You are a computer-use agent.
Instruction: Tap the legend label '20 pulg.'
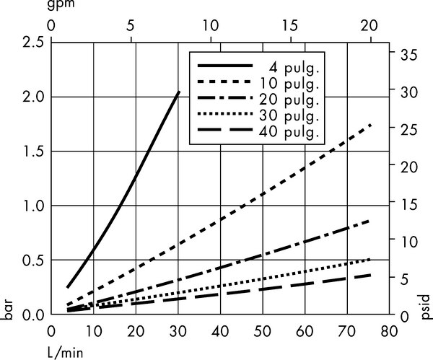point(292,99)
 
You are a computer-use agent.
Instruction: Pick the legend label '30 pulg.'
point(292,115)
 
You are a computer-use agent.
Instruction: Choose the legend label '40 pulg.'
point(292,132)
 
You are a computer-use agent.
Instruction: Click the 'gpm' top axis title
point(61,6)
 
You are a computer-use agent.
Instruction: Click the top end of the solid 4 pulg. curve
point(179,92)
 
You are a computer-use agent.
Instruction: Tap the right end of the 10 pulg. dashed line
point(372,125)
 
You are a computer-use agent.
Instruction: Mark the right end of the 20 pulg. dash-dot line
point(372,220)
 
